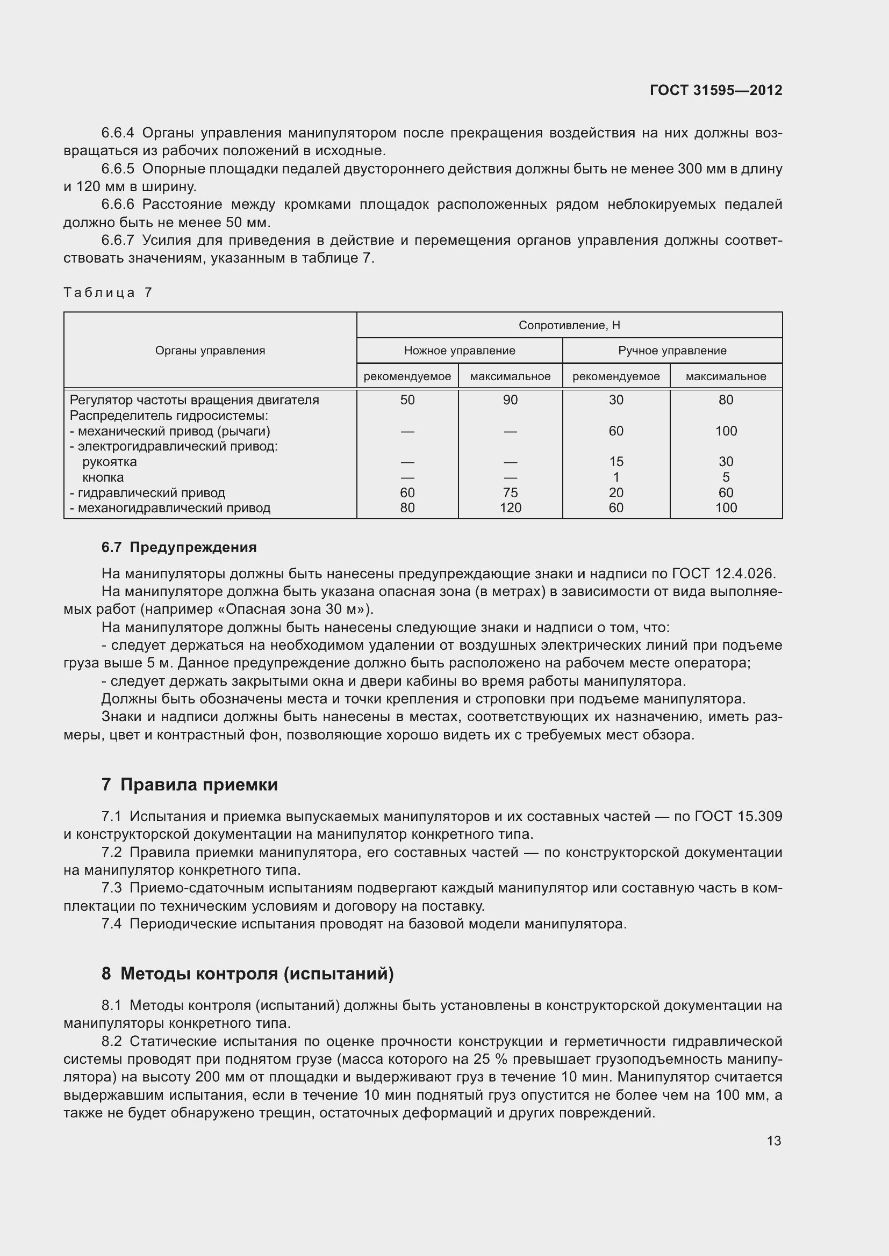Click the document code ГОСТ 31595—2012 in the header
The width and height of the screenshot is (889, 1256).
coord(715,90)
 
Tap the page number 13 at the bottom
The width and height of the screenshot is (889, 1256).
coord(773,1141)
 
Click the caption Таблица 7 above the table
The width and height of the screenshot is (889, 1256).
coord(107,293)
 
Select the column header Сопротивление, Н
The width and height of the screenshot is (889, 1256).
coord(569,325)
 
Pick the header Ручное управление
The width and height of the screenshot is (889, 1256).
coord(672,351)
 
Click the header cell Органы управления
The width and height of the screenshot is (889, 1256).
coord(210,351)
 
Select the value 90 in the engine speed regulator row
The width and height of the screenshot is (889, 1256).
coord(510,400)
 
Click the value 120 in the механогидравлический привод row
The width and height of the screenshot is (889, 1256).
coord(510,507)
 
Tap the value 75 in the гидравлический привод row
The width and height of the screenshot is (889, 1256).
coord(510,492)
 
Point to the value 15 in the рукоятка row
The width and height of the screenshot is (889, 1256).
coord(616,462)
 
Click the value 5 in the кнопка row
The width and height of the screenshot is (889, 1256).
coord(725,477)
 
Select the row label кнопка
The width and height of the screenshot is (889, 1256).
coord(103,477)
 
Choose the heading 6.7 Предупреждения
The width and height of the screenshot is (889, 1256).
coord(178,547)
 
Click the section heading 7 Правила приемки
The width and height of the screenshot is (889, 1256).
coord(189,785)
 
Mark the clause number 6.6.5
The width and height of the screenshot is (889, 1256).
coord(118,169)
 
